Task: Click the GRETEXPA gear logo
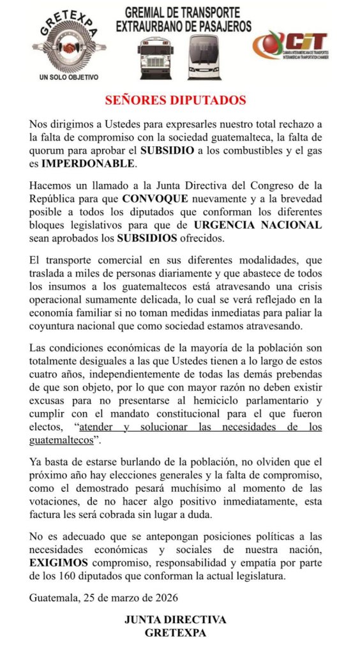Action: (70, 47)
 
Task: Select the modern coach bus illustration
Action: (204, 57)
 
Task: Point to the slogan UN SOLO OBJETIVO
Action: (69, 77)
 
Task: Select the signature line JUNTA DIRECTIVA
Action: (176, 620)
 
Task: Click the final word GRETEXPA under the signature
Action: (176, 633)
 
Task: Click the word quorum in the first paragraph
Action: (48, 150)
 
